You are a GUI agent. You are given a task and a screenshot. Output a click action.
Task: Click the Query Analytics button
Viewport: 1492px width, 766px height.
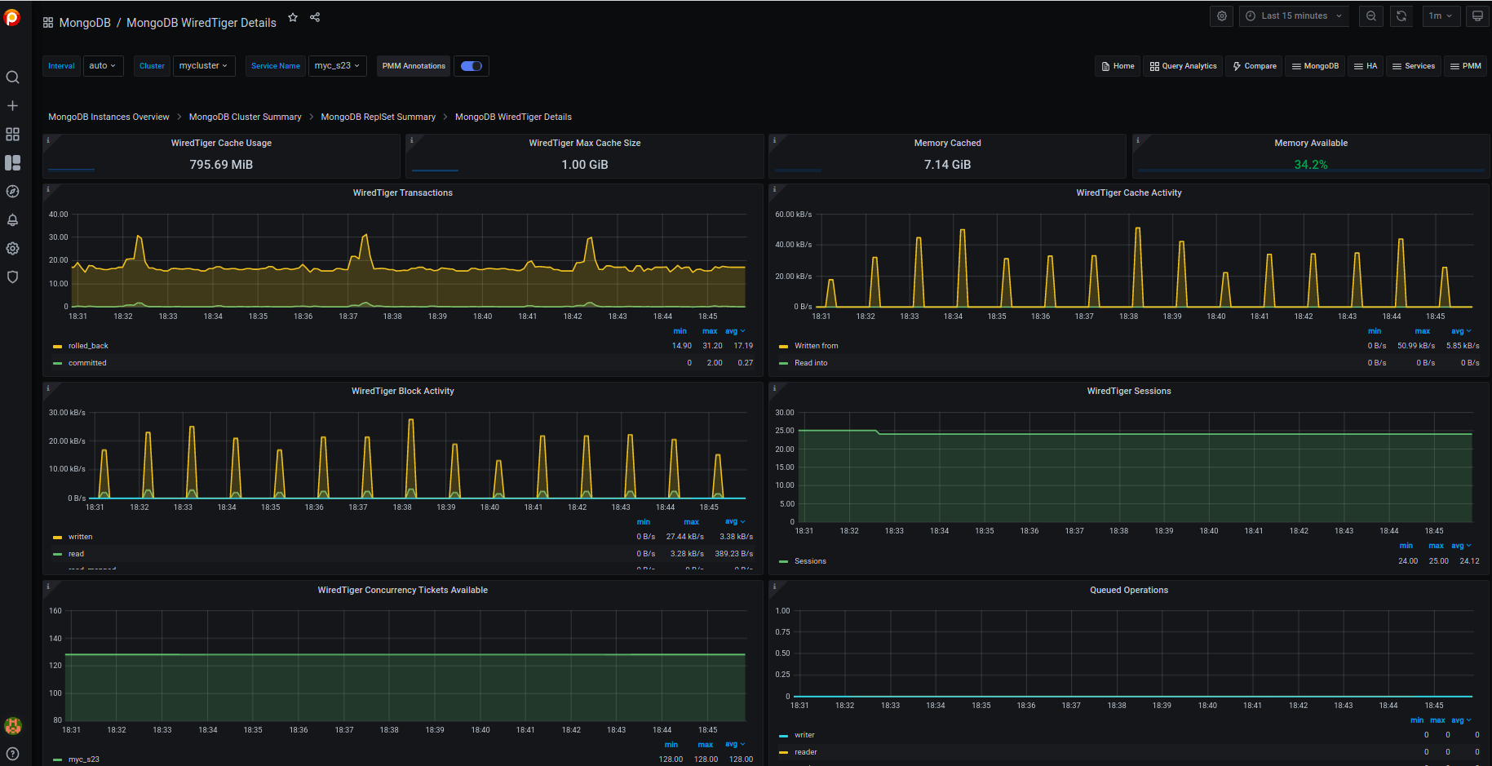point(1183,66)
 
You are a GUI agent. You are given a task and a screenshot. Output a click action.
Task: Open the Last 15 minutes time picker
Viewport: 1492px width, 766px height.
point(1293,15)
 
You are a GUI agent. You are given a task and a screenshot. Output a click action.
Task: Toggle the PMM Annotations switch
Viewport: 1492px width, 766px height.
point(472,66)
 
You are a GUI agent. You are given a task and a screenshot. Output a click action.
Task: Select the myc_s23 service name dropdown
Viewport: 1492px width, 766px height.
point(337,66)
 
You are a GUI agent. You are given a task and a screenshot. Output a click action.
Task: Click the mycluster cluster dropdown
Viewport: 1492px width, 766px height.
point(204,66)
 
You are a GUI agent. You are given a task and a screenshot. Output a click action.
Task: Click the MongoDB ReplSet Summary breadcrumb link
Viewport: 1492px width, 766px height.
point(378,117)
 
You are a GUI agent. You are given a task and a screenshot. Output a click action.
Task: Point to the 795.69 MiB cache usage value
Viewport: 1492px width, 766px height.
point(221,165)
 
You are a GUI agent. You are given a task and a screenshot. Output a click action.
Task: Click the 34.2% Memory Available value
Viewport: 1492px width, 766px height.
point(1310,165)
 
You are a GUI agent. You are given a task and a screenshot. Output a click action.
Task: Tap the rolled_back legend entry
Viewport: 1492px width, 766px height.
point(88,346)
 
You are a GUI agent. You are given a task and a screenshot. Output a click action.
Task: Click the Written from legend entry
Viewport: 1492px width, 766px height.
point(816,346)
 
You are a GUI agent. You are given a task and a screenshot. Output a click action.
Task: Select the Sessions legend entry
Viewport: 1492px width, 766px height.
point(810,561)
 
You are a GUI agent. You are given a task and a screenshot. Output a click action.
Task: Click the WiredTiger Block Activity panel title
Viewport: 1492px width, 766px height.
point(402,392)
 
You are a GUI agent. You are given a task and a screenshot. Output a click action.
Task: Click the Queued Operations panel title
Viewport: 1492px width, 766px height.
point(1128,590)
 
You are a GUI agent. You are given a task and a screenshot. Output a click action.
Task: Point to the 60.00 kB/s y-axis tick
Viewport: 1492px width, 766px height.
point(793,215)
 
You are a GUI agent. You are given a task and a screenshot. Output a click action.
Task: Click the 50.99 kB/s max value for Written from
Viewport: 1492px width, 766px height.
point(1415,346)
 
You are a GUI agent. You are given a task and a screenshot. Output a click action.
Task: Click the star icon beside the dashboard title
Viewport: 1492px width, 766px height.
point(293,17)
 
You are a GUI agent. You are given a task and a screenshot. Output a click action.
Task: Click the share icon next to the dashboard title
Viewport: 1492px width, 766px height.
point(315,17)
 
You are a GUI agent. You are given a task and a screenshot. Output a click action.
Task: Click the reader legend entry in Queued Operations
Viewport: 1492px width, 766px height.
point(805,752)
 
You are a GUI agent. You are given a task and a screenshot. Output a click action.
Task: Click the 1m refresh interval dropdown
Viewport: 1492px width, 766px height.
point(1440,15)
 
